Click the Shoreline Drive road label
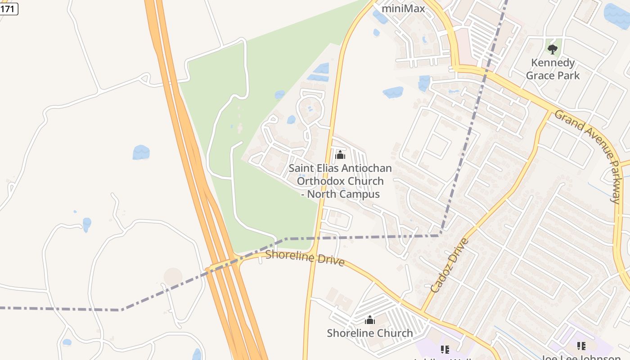305,258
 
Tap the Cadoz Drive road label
449,265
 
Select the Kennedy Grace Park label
553,69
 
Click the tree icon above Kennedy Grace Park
553,49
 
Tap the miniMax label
403,8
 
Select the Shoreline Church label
369,333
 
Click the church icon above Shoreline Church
370,320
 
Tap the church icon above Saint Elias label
340,155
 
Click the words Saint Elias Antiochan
340,168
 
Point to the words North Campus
345,194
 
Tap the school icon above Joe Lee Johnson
581,346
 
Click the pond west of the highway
141,152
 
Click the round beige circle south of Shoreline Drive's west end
173,276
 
